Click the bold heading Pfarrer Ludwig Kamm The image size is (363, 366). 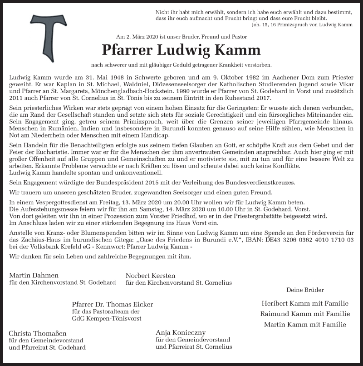pos(181,49)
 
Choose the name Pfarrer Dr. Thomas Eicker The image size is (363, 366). pos(112,304)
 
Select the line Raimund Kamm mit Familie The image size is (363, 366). pos(304,314)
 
